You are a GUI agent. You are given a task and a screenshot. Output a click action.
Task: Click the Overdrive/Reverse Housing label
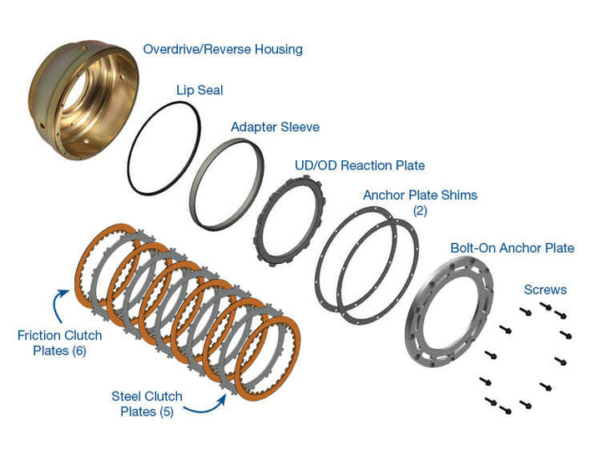[222, 49]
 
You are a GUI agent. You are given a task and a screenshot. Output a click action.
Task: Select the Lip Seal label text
[200, 88]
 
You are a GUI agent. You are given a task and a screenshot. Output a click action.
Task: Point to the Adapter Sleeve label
[275, 127]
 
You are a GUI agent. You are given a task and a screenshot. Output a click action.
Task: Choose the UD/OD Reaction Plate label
[359, 165]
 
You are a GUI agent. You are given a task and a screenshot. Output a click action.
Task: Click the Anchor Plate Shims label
[420, 195]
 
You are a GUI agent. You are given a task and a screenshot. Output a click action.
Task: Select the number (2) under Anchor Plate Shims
[419, 210]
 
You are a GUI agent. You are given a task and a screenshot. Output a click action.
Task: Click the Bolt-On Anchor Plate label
[512, 248]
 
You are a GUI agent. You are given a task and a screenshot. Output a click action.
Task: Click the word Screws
[545, 290]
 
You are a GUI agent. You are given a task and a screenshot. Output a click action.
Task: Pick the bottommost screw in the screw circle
[506, 410]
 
